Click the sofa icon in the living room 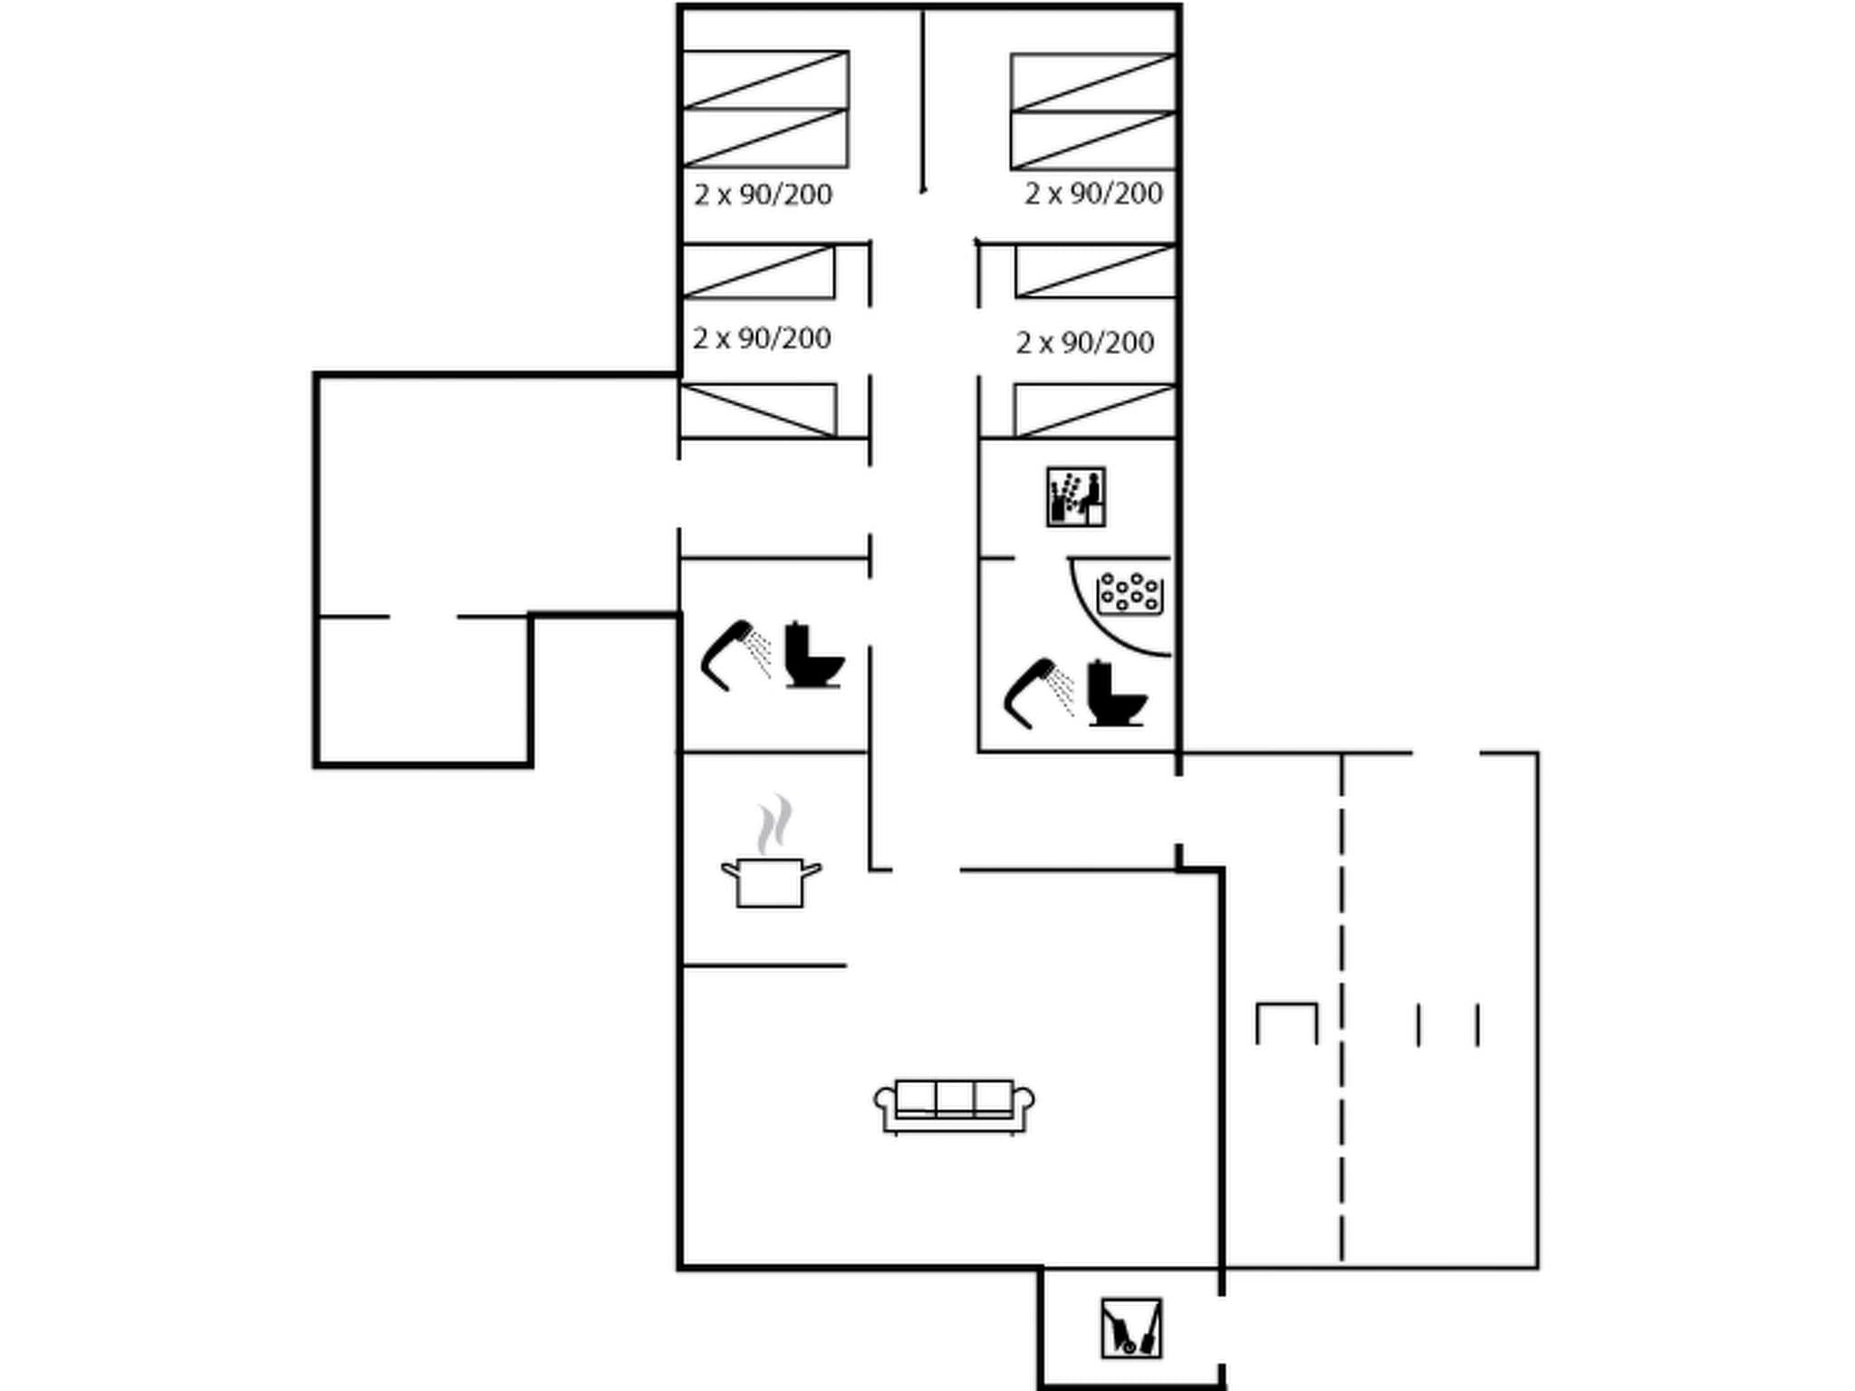click(954, 1106)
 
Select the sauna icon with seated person click(1075, 497)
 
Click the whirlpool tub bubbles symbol click(1129, 592)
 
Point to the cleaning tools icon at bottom click(1131, 1329)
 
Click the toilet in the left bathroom click(812, 656)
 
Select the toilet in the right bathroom click(1116, 694)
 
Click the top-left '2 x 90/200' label click(763, 195)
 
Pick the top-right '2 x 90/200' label click(1093, 194)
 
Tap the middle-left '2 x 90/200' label click(762, 339)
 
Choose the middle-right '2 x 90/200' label click(1084, 342)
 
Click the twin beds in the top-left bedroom click(765, 110)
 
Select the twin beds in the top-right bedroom click(1093, 111)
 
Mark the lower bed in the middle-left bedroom click(758, 410)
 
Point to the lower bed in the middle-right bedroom click(1095, 410)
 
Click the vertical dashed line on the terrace click(1341, 1005)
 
